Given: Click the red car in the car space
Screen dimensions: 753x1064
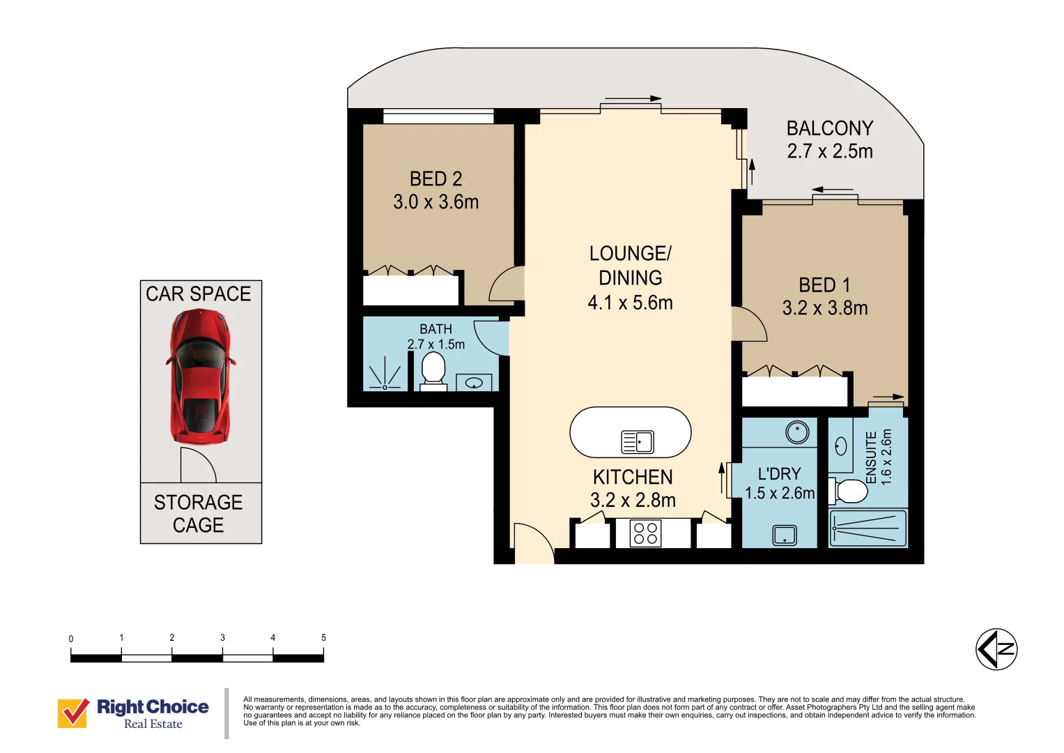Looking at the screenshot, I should click(x=200, y=376).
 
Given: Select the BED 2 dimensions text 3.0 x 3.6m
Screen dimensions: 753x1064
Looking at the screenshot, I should click(x=435, y=202).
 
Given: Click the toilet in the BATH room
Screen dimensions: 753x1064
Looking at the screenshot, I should click(x=433, y=370).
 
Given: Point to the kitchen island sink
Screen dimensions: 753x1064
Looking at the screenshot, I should click(x=638, y=441).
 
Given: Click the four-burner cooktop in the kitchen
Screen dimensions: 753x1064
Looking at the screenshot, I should click(x=645, y=534).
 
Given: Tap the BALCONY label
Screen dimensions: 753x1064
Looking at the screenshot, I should click(x=829, y=128).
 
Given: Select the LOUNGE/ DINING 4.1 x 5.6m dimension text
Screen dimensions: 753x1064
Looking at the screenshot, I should click(x=630, y=303).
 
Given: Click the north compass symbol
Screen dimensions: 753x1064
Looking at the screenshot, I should click(x=996, y=649).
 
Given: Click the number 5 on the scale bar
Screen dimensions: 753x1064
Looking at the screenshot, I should click(x=323, y=637).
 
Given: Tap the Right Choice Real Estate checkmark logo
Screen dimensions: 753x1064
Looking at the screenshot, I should click(x=73, y=713).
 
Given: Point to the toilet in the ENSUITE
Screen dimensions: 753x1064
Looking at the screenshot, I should click(x=848, y=491).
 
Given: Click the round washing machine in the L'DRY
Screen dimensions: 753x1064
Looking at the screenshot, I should click(x=797, y=432).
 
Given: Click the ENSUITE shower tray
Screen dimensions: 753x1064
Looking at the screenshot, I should click(x=868, y=528).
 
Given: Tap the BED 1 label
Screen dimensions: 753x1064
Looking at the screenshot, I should click(x=824, y=285).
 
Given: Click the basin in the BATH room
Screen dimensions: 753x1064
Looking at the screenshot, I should click(x=474, y=383).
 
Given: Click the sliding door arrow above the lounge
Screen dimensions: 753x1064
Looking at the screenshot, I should click(x=633, y=98).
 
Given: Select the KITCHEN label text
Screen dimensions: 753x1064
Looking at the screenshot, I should click(x=633, y=477).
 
